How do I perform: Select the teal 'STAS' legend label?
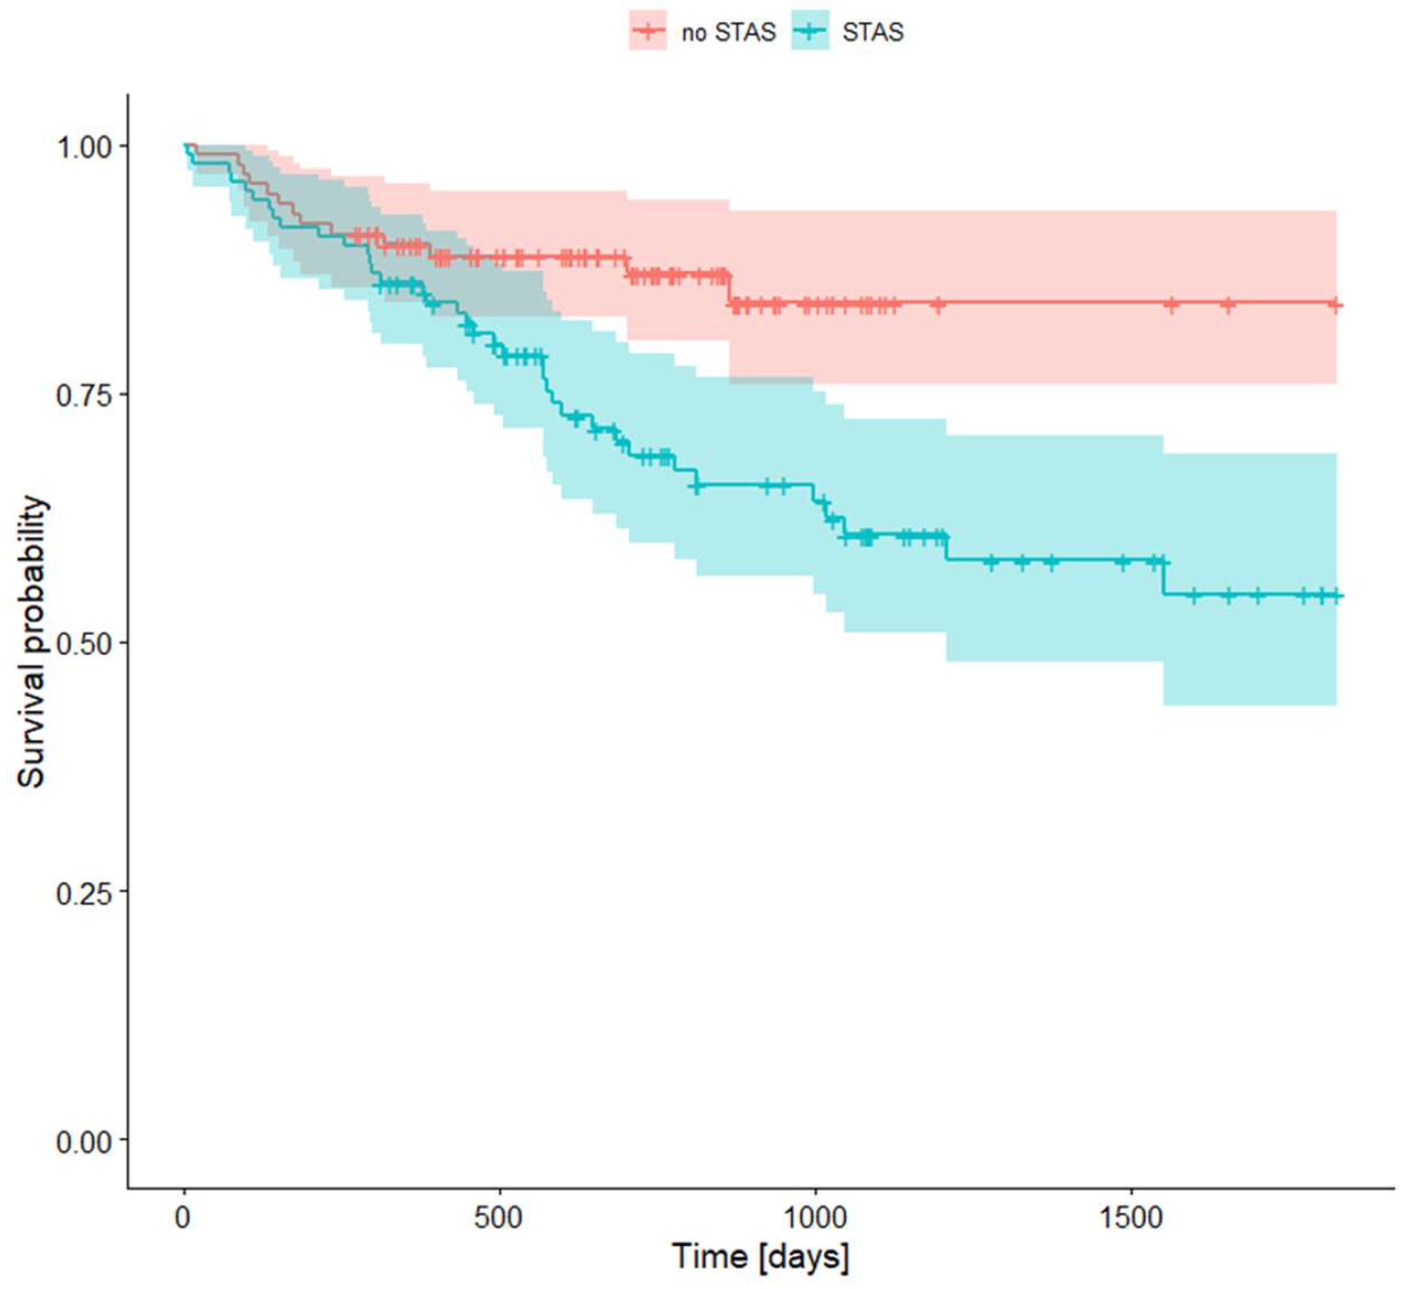(x=872, y=33)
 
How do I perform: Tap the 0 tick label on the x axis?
(x=184, y=1218)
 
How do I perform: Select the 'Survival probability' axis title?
(x=32, y=642)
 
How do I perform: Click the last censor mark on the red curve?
(x=1334, y=305)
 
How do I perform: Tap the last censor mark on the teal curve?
(x=1336, y=595)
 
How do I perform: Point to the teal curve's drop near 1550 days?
(x=1164, y=578)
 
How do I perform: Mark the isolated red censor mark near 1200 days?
(x=938, y=304)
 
